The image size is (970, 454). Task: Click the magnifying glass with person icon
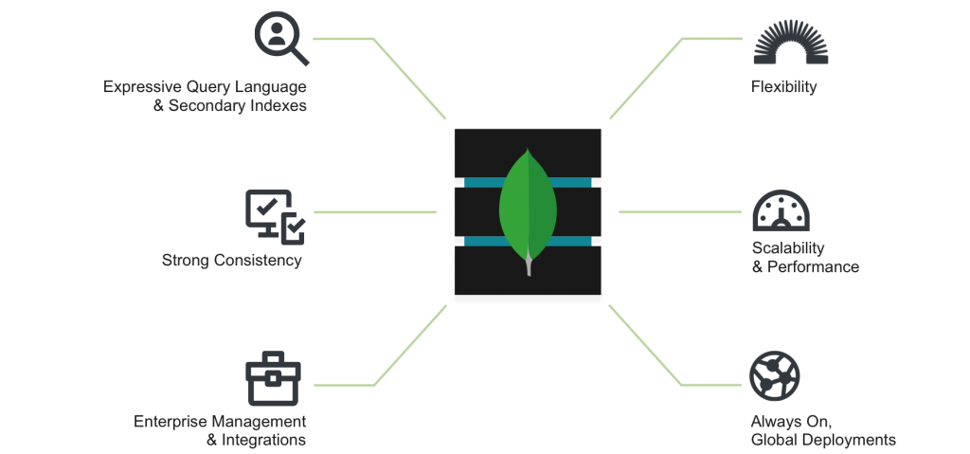coord(279,37)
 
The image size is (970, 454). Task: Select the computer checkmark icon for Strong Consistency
coord(276,217)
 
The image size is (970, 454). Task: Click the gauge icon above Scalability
coord(781,210)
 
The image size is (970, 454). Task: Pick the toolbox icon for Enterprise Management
coord(273,378)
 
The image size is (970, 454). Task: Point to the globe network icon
coord(775,376)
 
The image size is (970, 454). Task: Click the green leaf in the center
coord(528,208)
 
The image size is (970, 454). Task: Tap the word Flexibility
coord(783,86)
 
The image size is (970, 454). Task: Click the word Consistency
coord(258,260)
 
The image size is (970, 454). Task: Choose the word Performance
coord(814,267)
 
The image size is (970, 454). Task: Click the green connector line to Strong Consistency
coord(375,211)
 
